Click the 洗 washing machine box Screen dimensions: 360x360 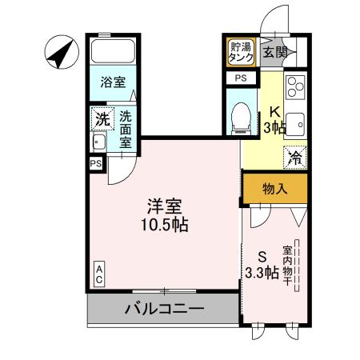[101, 118]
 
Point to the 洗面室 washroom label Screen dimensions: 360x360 [126, 129]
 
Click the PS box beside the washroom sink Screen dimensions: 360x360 [96, 163]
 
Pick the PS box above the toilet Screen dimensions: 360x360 [241, 78]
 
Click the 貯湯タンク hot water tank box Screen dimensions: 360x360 [241, 52]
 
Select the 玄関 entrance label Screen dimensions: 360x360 [273, 53]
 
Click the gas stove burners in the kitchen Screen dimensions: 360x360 [294, 86]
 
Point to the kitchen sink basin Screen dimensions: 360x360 [294, 124]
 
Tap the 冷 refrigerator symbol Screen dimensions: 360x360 [294, 157]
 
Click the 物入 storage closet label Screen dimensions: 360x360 [275, 189]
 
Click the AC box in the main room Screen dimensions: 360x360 [99, 274]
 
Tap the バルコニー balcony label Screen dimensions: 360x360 [163, 308]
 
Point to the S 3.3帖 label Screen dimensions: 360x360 [262, 266]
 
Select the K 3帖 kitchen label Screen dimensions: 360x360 [274, 121]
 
